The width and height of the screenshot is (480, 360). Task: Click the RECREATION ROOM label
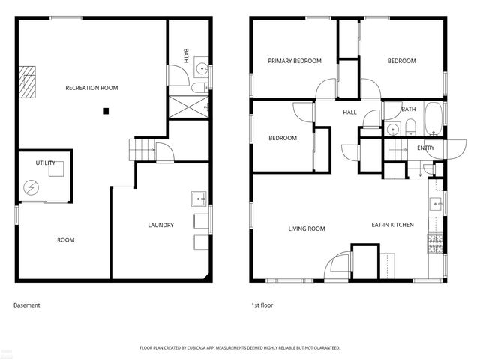pyautogui.click(x=91, y=88)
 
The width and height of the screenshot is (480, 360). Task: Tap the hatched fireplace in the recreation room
pyautogui.click(x=28, y=82)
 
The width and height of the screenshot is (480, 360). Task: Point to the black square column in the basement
pyautogui.click(x=106, y=111)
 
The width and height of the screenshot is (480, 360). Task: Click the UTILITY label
pyautogui.click(x=46, y=163)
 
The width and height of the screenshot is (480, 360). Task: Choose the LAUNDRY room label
pyautogui.click(x=160, y=225)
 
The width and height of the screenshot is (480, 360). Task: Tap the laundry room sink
pyautogui.click(x=199, y=199)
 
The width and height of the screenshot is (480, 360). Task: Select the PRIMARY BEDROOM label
pyautogui.click(x=295, y=61)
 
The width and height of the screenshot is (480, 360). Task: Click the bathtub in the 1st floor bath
pyautogui.click(x=434, y=119)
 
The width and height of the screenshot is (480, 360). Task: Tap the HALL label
pyautogui.click(x=349, y=112)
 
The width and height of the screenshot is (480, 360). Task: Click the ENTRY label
pyautogui.click(x=426, y=148)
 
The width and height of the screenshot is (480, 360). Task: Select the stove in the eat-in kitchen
pyautogui.click(x=435, y=243)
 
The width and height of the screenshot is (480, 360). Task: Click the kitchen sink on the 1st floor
pyautogui.click(x=436, y=203)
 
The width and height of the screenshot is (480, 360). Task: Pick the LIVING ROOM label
pyautogui.click(x=307, y=229)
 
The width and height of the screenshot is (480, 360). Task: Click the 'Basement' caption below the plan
pyautogui.click(x=27, y=305)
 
